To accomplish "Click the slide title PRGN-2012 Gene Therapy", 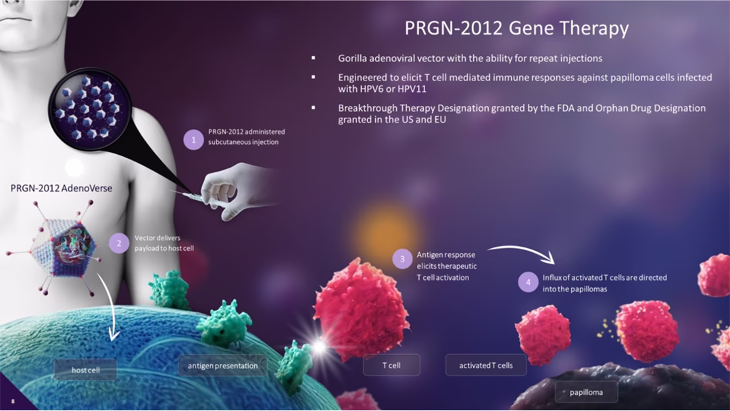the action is pos(516,28).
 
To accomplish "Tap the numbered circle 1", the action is pos(194,140).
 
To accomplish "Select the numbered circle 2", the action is pos(119,243).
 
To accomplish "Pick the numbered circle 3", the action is pos(402,259).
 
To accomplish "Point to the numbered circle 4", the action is pos(528,282).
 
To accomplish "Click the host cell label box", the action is pos(86,370).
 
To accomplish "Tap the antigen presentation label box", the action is pos(222,366).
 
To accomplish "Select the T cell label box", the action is pos(391,365).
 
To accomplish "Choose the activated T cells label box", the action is pos(485,365).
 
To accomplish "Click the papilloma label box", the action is pos(586,392).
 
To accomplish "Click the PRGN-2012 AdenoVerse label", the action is pos(62,188).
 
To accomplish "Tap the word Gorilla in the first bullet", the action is pos(352,58).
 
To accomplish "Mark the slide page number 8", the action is pos(13,402).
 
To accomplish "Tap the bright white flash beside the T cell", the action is pos(319,347).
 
